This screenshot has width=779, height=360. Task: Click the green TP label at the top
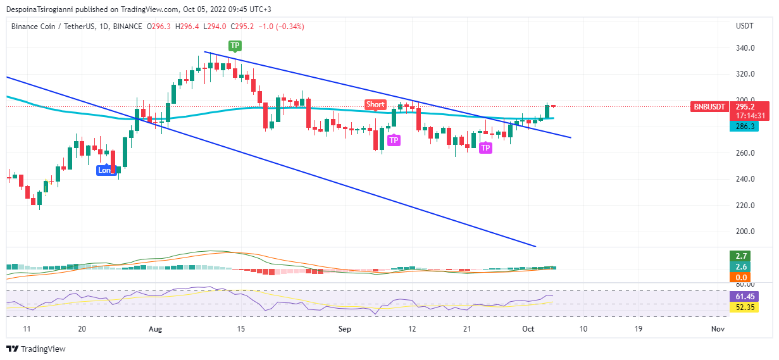(x=235, y=46)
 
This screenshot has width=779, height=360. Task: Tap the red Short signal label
(x=375, y=104)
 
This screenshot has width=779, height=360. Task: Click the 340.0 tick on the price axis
(x=745, y=48)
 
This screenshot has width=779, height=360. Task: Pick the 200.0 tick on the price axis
(x=745, y=232)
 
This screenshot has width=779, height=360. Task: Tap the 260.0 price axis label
(x=745, y=153)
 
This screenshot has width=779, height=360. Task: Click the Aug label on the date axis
(x=155, y=329)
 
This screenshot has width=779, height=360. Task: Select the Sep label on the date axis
(x=344, y=329)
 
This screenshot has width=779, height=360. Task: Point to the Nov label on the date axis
(x=717, y=329)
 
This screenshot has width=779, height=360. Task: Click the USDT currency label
(x=744, y=27)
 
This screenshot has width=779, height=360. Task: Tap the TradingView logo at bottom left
(x=36, y=349)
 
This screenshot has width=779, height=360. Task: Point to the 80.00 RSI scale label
(x=745, y=285)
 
